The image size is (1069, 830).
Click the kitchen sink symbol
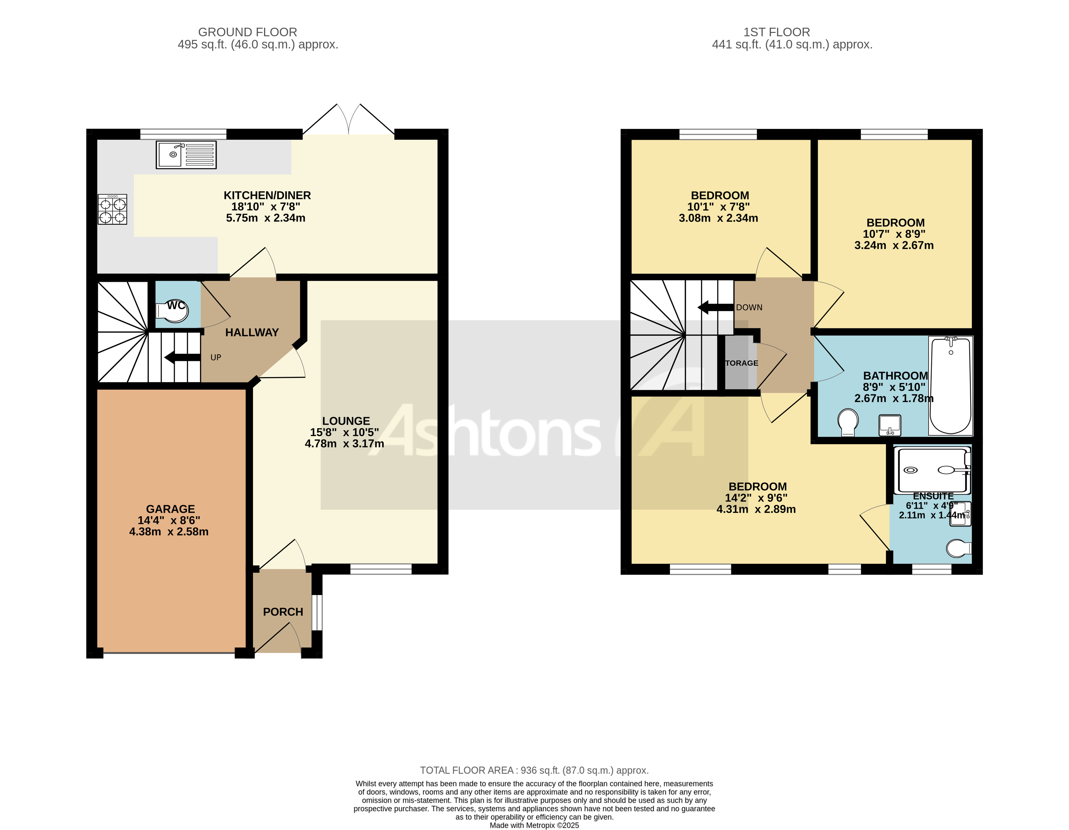click(186, 155)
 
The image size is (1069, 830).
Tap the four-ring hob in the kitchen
click(112, 209)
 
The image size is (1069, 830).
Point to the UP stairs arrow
click(182, 357)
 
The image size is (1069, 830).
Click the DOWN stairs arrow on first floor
click(715, 307)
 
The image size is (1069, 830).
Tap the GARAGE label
click(170, 509)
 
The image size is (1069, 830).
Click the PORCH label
click(283, 612)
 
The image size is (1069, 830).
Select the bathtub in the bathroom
click(950, 386)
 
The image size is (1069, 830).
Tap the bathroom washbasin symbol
click(889, 425)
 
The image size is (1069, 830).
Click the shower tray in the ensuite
click(932, 470)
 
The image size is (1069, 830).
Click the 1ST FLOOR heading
click(776, 32)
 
